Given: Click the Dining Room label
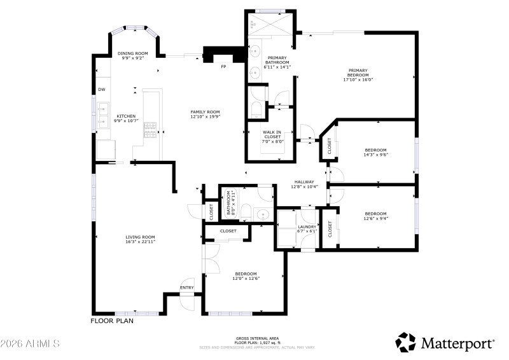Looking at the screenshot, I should pyautogui.click(x=133, y=53).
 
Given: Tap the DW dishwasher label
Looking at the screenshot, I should pyautogui.click(x=101, y=89).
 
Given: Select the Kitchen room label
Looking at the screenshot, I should pyautogui.click(x=125, y=116).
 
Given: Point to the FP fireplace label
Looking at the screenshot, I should pyautogui.click(x=223, y=66).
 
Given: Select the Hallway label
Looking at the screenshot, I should pyautogui.click(x=304, y=182).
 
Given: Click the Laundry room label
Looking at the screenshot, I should pyautogui.click(x=307, y=226).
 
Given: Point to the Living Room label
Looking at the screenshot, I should pyautogui.click(x=140, y=237).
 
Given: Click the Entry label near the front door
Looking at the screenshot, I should pyautogui.click(x=187, y=287).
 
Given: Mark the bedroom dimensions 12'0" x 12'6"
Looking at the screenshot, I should pyautogui.click(x=246, y=278).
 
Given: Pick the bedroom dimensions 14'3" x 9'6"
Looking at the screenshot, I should pyautogui.click(x=375, y=154).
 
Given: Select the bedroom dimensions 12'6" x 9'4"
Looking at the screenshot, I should pyautogui.click(x=375, y=218).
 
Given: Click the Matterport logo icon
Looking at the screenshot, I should pyautogui.click(x=405, y=342).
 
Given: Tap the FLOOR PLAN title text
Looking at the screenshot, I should pyautogui.click(x=112, y=321).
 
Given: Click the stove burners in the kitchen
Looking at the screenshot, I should pyautogui.click(x=151, y=130).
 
